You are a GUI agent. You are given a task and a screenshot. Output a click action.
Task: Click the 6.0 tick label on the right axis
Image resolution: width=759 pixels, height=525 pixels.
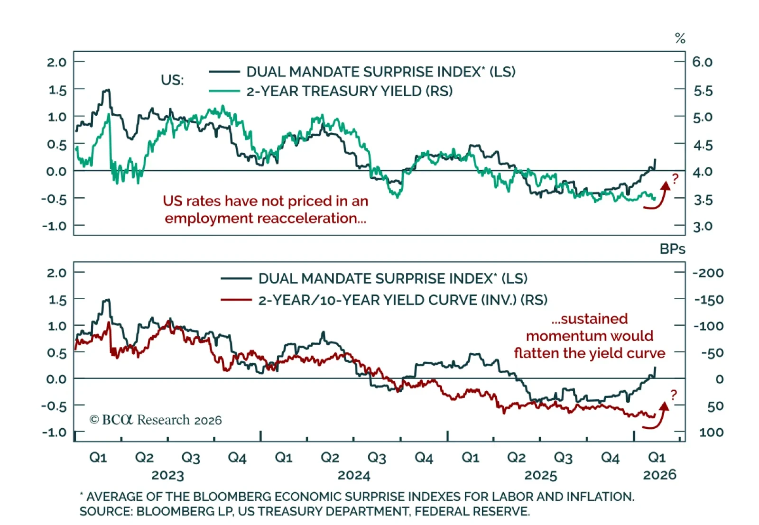[702, 62]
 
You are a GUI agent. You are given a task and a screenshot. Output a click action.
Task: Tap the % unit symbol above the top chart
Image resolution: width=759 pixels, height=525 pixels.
[680, 38]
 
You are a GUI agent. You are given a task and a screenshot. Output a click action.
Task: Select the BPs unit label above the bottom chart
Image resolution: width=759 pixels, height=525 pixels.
[672, 249]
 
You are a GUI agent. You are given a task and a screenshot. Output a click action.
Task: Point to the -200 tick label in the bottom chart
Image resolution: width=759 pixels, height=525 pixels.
[708, 273]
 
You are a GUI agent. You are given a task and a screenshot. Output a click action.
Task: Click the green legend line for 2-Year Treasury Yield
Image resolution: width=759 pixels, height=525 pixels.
[224, 91]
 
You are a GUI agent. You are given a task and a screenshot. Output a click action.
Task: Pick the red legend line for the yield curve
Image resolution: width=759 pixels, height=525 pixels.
[236, 300]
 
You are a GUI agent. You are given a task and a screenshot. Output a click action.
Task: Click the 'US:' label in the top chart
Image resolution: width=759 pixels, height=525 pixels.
[172, 80]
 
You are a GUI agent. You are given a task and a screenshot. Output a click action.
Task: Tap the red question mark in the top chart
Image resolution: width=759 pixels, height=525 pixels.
[675, 179]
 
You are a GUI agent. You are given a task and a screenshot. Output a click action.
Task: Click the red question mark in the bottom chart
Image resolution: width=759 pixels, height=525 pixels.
[674, 395]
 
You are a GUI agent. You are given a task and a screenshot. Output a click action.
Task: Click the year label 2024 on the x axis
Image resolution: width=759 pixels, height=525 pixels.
[353, 475]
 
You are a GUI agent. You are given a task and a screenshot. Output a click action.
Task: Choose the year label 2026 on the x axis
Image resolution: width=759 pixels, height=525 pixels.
[659, 475]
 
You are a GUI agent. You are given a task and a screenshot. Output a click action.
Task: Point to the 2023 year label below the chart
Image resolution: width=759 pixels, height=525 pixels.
[167, 475]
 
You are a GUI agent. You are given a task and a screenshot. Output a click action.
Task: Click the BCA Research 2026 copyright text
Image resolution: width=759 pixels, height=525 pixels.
[156, 420]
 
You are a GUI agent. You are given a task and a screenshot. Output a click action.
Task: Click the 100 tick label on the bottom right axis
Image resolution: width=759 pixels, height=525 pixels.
[711, 433]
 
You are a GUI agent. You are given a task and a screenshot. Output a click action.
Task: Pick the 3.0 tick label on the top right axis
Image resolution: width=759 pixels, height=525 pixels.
[703, 226]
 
